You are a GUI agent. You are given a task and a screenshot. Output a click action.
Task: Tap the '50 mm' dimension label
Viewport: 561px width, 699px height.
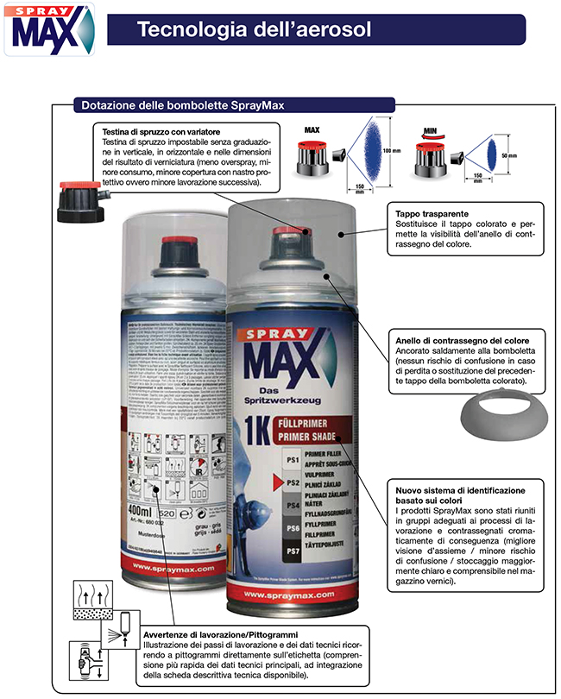(x=509, y=156)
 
